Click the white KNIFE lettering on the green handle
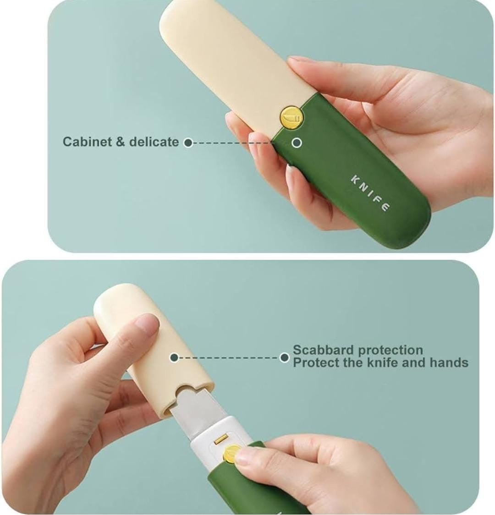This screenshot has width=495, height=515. pos(370,193)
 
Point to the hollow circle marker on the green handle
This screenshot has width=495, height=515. pos(297,142)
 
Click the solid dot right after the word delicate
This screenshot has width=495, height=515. pos(187,142)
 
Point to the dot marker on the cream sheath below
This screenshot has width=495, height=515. pos(174,357)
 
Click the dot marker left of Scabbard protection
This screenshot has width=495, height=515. pos(285,357)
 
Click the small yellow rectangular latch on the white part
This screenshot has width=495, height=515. pos(221,440)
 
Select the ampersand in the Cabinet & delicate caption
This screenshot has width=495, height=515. pos(120,142)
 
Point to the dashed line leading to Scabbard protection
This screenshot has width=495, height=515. pos(229,357)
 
